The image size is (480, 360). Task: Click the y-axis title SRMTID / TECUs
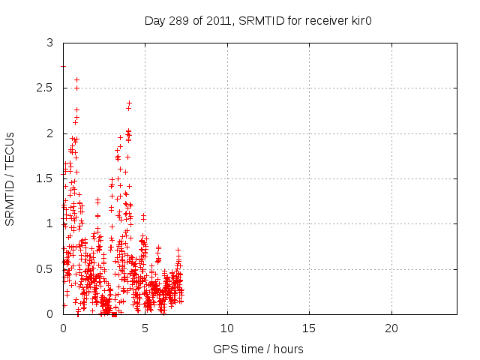pyautogui.click(x=10, y=178)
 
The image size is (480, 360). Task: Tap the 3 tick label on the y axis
pyautogui.click(x=50, y=43)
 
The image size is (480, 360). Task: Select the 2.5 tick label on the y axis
pyautogui.click(x=46, y=88)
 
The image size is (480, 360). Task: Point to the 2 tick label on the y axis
pyautogui.click(x=50, y=133)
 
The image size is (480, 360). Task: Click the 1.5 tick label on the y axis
pyautogui.click(x=46, y=178)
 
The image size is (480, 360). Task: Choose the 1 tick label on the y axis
pyautogui.click(x=50, y=223)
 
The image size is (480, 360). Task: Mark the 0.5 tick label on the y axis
pyautogui.click(x=46, y=268)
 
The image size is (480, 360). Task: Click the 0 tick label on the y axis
pyautogui.click(x=50, y=313)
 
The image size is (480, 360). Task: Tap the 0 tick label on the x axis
pyautogui.click(x=63, y=328)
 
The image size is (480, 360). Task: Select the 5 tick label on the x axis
pyautogui.click(x=145, y=328)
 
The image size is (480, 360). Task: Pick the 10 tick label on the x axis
pyautogui.click(x=227, y=328)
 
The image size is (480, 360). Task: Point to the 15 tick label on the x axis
pyautogui.click(x=309, y=328)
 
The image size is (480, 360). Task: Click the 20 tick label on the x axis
pyautogui.click(x=391, y=328)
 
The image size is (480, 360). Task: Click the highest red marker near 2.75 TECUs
pyautogui.click(x=63, y=66)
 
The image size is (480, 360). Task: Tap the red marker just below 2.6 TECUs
pyautogui.click(x=76, y=79)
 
